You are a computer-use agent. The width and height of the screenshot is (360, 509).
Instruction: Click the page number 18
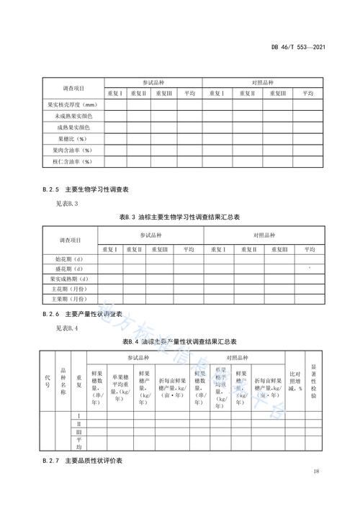(316, 471)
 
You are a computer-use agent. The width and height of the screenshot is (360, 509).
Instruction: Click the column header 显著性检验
(313, 380)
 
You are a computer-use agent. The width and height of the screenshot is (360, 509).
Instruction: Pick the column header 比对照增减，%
(294, 382)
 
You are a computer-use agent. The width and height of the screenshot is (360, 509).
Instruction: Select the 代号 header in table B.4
(48, 382)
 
